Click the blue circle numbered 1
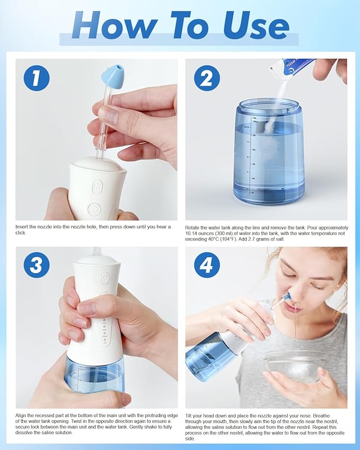click(x=37, y=78)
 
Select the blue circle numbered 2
click(x=206, y=78)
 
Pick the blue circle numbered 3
click(x=37, y=264)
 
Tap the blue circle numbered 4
click(x=206, y=264)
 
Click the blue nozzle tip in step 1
click(x=112, y=75)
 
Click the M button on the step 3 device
click(x=105, y=278)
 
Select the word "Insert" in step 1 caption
click(x=23, y=227)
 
